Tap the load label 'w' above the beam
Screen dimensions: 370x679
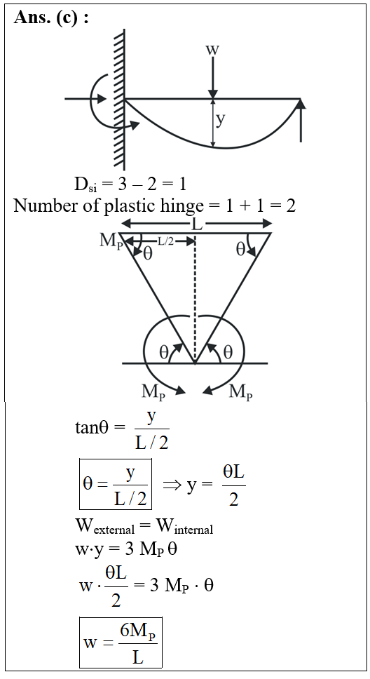tap(212, 49)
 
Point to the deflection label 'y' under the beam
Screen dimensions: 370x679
tap(221, 121)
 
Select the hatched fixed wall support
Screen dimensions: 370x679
tap(119, 100)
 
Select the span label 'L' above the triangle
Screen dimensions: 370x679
tap(196, 224)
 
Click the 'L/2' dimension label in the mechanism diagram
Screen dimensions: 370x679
tap(166, 241)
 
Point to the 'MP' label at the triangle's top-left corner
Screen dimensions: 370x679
tap(109, 241)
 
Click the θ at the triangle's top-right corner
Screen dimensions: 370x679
tap(240, 250)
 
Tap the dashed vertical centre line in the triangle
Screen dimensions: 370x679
tap(196, 298)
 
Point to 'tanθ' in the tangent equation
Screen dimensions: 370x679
tap(94, 428)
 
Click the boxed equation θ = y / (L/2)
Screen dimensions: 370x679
tap(116, 484)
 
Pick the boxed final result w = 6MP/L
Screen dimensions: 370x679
tap(121, 642)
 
